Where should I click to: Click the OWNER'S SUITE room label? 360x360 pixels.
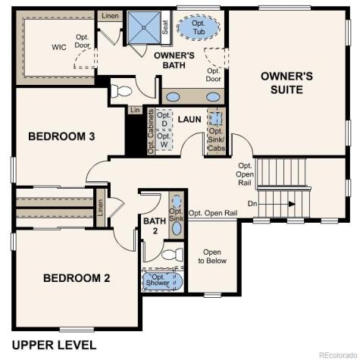click(x=282, y=83)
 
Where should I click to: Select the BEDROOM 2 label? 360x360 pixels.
click(x=77, y=278)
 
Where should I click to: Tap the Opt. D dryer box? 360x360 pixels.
click(x=162, y=119)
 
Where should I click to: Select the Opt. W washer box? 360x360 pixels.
click(x=162, y=139)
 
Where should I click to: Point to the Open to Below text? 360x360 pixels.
click(x=212, y=256)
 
